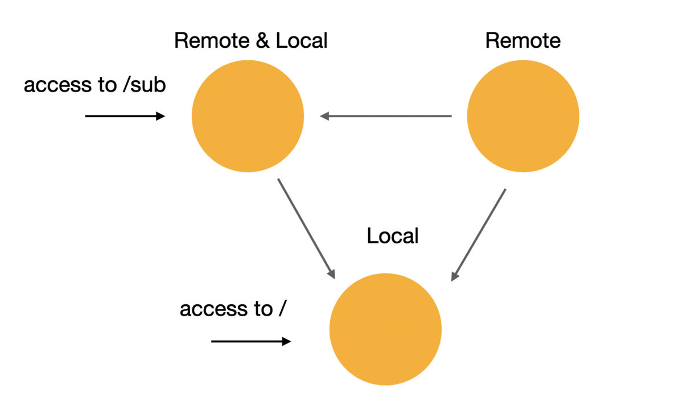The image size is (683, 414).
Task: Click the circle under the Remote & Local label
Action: (248, 116)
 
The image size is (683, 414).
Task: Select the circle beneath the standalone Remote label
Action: (523, 116)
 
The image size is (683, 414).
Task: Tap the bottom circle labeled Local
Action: (385, 329)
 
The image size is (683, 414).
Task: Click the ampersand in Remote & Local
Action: (262, 40)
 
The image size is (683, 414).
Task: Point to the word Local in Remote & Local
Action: (302, 40)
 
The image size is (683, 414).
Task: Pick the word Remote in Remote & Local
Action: (212, 40)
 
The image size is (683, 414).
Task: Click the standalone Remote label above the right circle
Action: (523, 40)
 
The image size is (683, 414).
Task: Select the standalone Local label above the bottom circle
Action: (393, 235)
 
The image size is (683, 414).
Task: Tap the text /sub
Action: (145, 84)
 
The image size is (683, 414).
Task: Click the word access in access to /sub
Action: (57, 85)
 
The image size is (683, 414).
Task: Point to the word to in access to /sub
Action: (108, 85)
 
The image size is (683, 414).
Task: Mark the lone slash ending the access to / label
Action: (282, 308)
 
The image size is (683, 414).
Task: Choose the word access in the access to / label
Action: (213, 309)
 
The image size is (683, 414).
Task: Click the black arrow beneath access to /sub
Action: (125, 116)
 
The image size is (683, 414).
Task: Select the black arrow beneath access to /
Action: (251, 341)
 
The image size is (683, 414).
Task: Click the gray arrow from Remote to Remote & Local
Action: (386, 116)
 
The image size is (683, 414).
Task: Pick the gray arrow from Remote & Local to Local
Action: (306, 229)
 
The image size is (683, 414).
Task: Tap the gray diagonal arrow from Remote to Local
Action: (479, 235)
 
